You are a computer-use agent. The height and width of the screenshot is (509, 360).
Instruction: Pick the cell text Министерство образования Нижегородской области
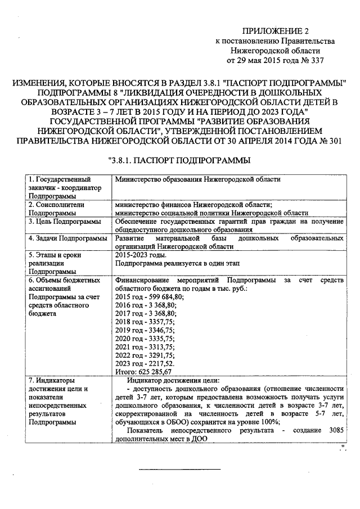pyautogui.click(x=197, y=179)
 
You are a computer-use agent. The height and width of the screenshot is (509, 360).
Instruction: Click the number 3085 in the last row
pyautogui.click(x=332, y=431)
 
